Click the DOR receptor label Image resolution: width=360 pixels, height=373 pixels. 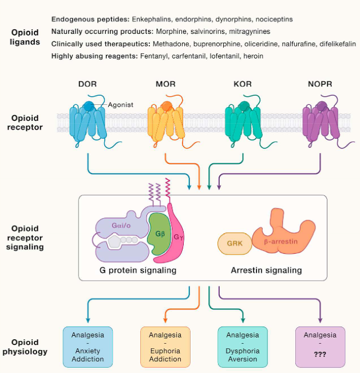pos(88,84)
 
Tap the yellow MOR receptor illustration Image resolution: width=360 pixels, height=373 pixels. pos(166,121)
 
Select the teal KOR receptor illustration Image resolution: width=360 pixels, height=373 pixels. pos(244,121)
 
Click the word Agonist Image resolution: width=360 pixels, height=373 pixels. pos(121,104)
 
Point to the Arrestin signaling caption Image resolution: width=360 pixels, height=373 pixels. pos(266,270)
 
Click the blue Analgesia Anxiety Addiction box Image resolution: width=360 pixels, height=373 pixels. pos(88,347)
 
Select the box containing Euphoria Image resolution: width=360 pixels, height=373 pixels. pos(165,347)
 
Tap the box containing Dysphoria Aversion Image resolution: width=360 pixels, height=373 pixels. pos(243,347)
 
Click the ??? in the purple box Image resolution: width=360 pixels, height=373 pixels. pos(321,355)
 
